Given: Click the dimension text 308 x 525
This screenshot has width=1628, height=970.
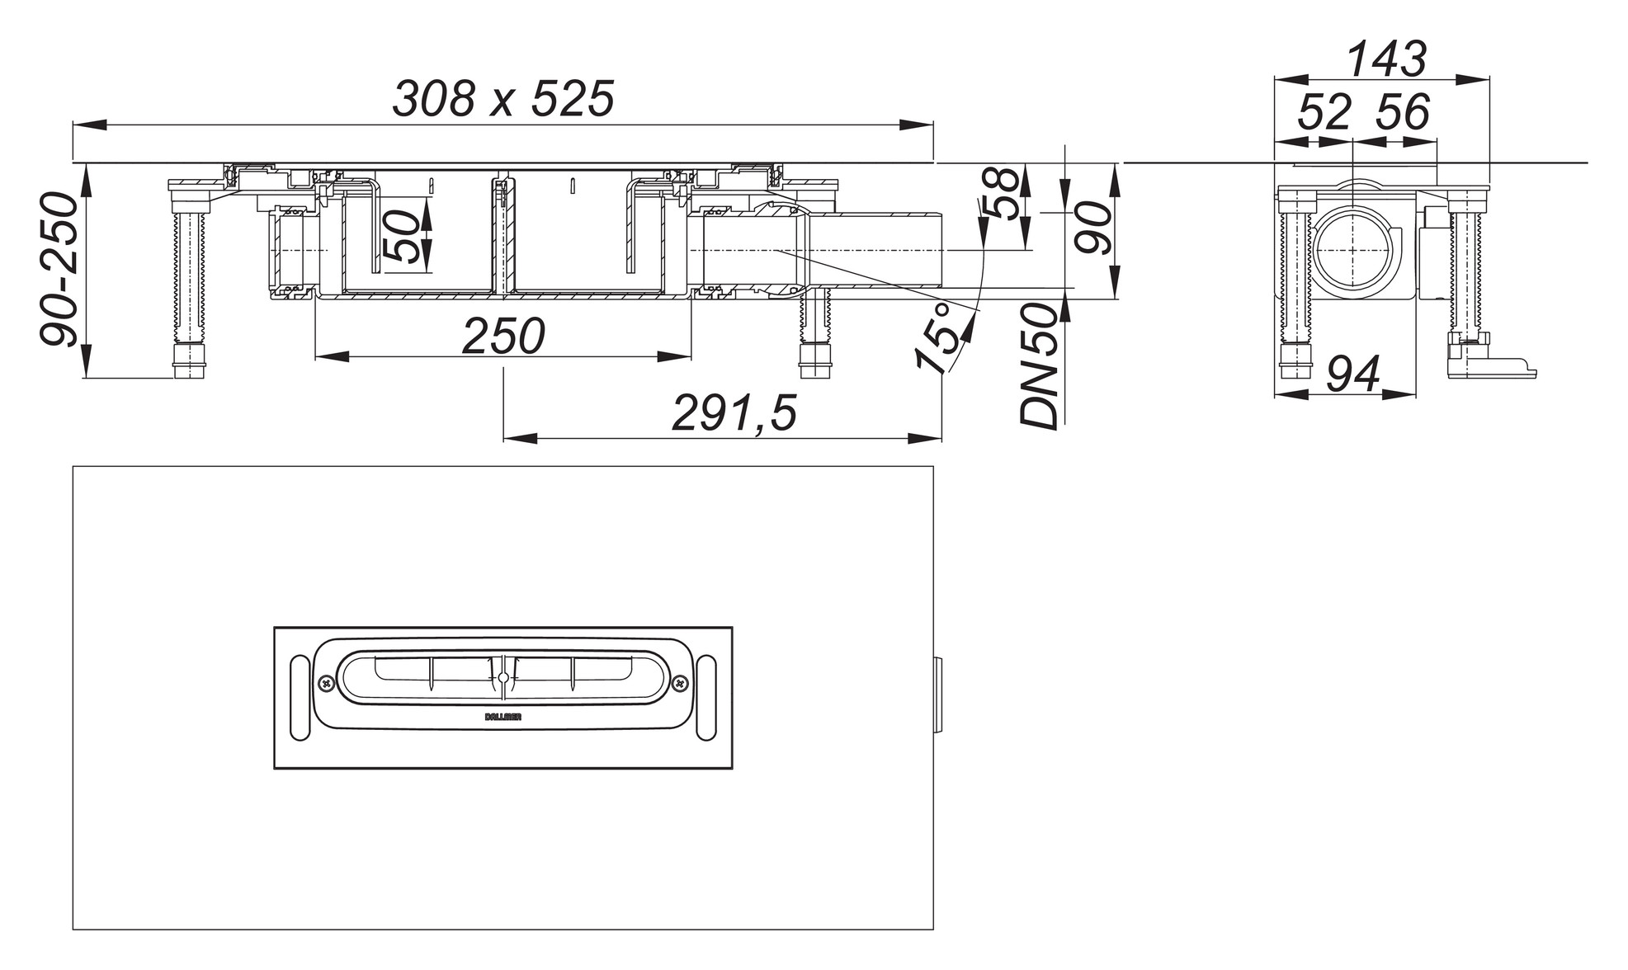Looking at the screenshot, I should pos(503,99).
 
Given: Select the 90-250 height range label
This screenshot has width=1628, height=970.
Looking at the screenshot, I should pos(59,270).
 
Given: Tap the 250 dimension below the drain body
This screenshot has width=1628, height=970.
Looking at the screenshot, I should pos(503,337).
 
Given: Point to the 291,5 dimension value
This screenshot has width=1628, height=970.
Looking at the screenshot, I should pos(734,413).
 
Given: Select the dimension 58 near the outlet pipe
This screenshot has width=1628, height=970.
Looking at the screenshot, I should pos(1002,194).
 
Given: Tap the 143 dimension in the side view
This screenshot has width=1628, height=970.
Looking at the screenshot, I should pos(1385,59).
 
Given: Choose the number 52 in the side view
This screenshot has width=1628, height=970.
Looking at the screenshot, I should pos(1325,113).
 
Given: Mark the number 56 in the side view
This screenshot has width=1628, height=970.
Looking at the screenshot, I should pos(1402,113).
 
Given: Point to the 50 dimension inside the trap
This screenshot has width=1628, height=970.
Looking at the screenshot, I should pos(402,236).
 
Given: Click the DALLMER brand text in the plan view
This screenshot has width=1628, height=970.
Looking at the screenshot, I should pos(503,717).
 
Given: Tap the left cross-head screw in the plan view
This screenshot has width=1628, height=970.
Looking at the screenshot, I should pos(326,683).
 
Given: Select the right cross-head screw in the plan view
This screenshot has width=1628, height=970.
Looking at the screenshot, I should pos(680,683).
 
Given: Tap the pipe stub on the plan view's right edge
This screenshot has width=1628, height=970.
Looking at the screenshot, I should pos(938,698).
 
